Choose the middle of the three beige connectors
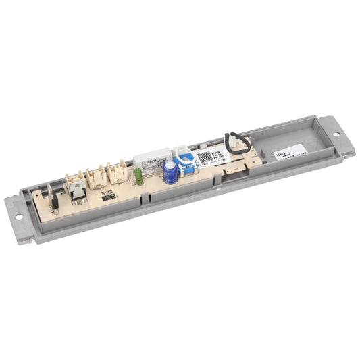tap(97, 177)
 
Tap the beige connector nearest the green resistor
tap(118, 172)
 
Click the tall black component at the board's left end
tap(54, 197)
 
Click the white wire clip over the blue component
tap(180, 154)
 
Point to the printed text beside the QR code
tap(220, 155)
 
